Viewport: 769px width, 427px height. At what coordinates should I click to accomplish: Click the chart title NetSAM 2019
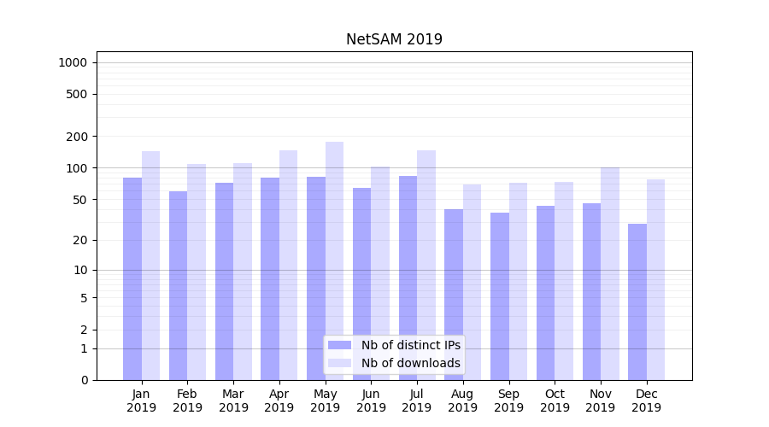(394, 39)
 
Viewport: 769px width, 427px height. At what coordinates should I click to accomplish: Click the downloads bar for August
(472, 282)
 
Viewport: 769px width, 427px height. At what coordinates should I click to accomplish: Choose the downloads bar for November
(610, 273)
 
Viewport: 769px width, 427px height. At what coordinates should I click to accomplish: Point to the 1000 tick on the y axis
(73, 62)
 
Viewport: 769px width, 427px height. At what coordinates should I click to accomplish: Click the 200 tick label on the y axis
(77, 137)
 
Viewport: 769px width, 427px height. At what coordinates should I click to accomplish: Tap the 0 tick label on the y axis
(84, 380)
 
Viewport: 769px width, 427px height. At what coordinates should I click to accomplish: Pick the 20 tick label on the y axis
(80, 240)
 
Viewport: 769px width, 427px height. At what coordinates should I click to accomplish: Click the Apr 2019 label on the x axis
(279, 401)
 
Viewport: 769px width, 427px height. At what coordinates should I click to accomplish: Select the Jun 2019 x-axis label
(371, 401)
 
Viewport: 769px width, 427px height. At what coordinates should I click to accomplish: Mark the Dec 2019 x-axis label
(646, 401)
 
